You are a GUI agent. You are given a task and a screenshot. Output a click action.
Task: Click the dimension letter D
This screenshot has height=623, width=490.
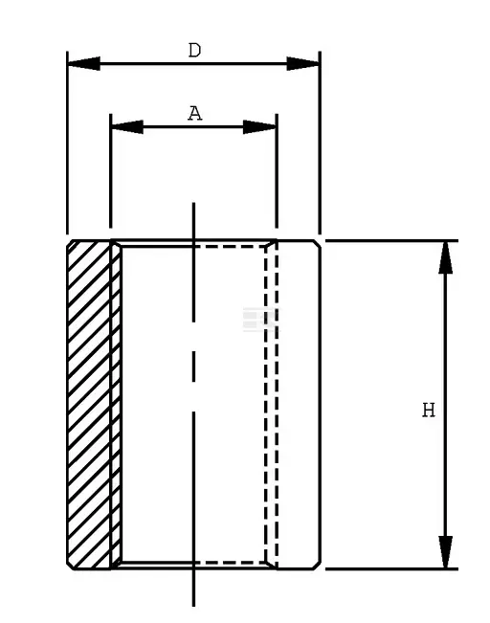(194, 51)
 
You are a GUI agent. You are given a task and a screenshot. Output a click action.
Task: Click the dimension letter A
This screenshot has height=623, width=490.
(194, 114)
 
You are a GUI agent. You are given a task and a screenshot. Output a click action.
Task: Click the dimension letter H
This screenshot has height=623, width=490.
(429, 410)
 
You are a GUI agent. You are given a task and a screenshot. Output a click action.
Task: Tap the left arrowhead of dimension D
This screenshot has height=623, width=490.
(84, 63)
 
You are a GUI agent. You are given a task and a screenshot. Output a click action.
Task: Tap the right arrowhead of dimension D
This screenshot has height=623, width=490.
(302, 63)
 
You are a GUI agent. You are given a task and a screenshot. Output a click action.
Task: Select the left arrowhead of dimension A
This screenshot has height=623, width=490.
(127, 126)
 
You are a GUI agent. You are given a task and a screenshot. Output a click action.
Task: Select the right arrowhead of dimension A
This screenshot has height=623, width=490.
(259, 126)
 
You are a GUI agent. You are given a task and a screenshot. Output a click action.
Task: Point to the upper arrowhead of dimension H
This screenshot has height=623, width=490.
(445, 257)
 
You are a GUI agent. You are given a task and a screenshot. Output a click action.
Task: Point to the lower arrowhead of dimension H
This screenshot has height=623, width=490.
(445, 552)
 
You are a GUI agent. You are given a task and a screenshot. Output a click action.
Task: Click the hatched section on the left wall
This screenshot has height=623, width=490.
(94, 405)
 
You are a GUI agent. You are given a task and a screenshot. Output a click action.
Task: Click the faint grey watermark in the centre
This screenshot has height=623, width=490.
(260, 320)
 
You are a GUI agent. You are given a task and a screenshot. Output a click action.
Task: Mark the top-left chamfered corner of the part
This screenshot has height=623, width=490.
(70, 243)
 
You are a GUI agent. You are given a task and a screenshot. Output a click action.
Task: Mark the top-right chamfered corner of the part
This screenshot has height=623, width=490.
(317, 244)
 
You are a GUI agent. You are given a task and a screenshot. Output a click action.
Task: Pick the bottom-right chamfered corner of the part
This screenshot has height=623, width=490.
(317, 566)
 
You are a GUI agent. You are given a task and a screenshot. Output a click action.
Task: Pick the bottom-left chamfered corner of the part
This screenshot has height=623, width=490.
(70, 566)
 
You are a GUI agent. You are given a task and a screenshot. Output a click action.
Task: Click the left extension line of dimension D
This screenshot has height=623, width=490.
(67, 143)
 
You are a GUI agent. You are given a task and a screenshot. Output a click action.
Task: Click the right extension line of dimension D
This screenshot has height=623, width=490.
(320, 143)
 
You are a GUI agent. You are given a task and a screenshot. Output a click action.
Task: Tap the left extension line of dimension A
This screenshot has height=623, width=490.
(110, 171)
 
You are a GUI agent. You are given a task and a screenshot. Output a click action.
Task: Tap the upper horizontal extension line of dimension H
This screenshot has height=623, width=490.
(391, 240)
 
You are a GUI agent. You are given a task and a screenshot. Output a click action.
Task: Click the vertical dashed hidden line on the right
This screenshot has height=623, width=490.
(277, 405)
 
